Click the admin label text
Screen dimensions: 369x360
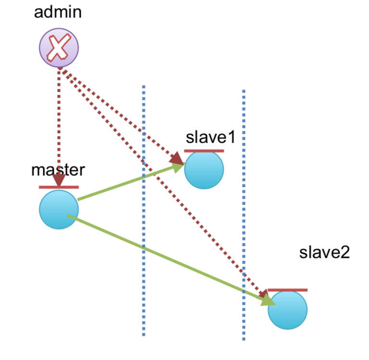(58, 12)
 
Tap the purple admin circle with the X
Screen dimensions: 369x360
(59, 48)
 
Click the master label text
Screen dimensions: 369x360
(58, 170)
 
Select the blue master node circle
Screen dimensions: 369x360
(59, 210)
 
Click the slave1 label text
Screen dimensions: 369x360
(210, 137)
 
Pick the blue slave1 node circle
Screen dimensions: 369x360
(204, 170)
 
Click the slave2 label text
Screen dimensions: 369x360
(324, 252)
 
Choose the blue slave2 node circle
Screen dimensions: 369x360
(288, 310)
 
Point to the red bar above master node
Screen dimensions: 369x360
(59, 187)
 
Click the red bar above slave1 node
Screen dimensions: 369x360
(204, 151)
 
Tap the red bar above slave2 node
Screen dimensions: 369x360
(288, 290)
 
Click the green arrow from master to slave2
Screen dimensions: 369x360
(172, 259)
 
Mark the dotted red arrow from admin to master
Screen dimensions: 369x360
(59, 127)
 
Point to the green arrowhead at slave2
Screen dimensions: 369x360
(269, 300)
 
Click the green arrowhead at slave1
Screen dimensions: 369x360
(178, 167)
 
